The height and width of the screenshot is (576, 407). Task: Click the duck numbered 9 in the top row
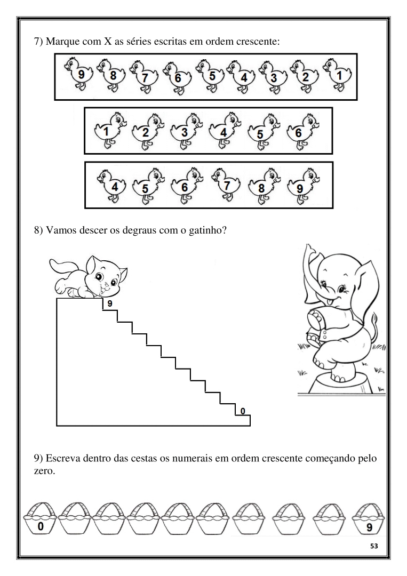pos(78,73)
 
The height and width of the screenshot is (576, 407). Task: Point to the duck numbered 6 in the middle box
pos(302,131)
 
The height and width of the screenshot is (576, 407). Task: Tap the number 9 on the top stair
pos(109,304)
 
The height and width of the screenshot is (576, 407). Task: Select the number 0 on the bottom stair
pos(242,411)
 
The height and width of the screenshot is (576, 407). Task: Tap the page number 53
pos(374,546)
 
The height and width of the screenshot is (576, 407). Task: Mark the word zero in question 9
pos(44,471)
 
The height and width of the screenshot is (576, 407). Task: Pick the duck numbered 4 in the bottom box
pos(111,186)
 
